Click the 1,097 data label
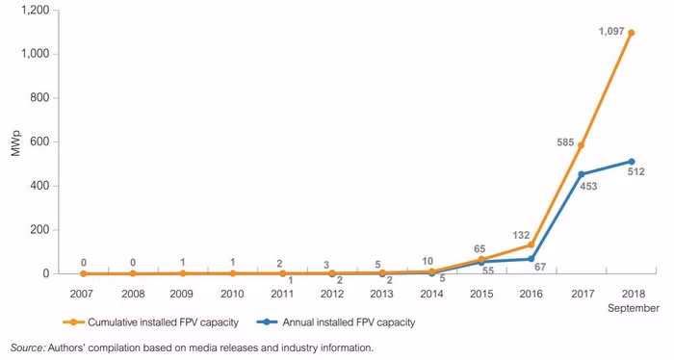coord(611,32)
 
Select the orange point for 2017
coord(582,145)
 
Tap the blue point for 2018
coord(632,162)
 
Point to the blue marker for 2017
coord(582,174)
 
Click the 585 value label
coord(565,142)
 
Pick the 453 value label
coord(588,187)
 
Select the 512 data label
coord(636,172)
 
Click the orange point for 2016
coord(531,244)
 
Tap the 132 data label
coord(521,235)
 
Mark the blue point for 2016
coord(531,259)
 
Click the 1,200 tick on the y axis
coord(36,10)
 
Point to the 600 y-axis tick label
coord(40,141)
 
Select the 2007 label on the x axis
coord(81,294)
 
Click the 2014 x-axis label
coord(431,294)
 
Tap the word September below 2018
coord(634,308)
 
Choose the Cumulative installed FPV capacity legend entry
coord(150,322)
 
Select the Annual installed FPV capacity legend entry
coord(336,322)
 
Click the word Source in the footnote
coord(28,347)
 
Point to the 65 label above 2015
coord(480,249)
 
